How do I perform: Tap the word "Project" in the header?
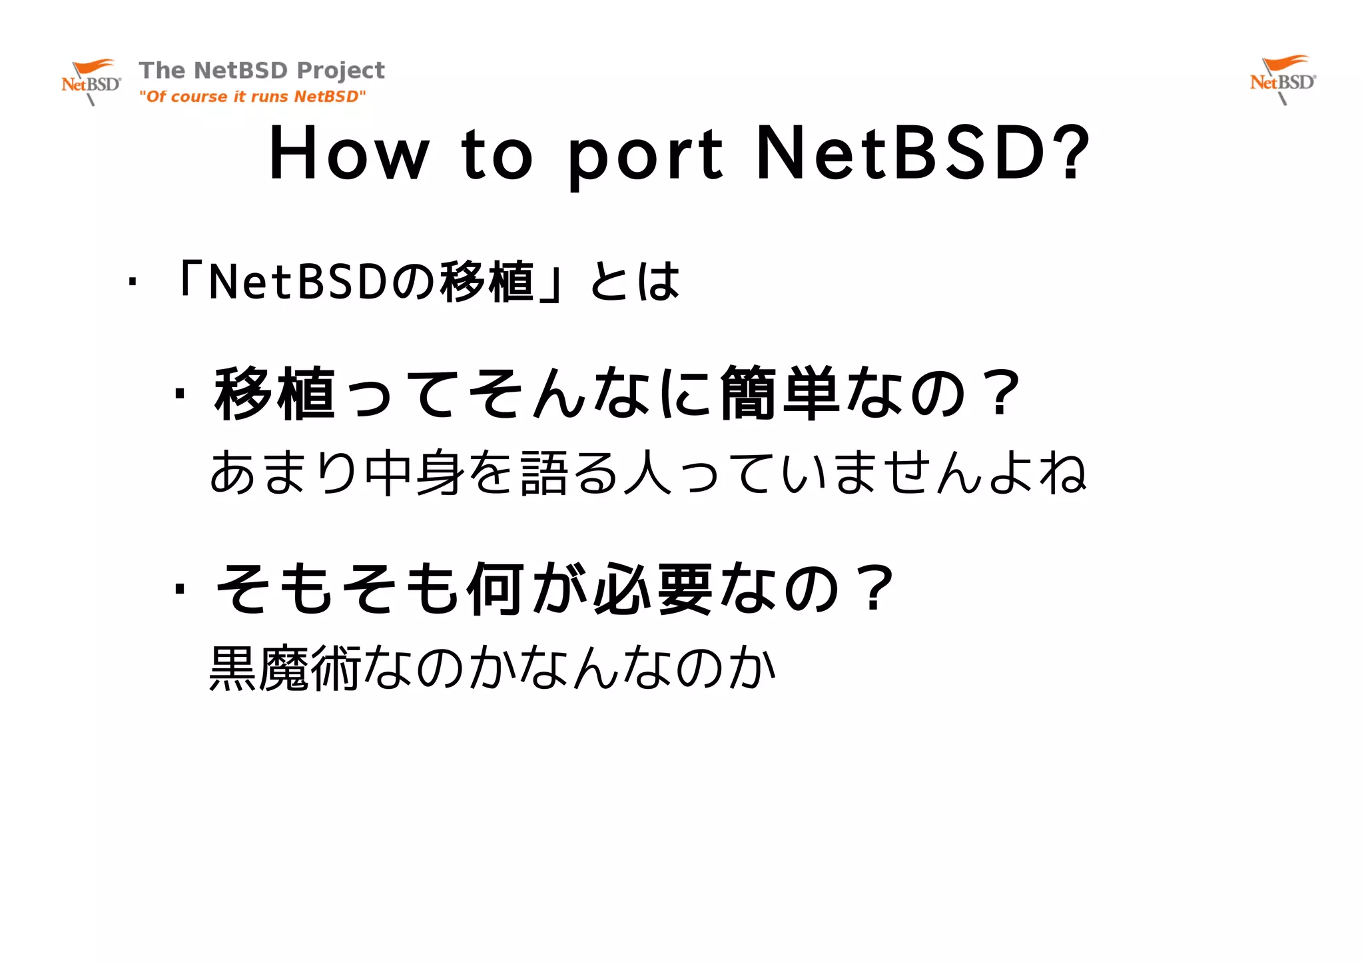click(x=340, y=71)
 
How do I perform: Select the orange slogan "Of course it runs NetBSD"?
click(x=252, y=97)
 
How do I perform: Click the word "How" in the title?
click(x=348, y=155)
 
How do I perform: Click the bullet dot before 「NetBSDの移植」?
click(x=133, y=282)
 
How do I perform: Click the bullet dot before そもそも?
click(x=178, y=588)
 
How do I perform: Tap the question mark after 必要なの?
click(x=876, y=588)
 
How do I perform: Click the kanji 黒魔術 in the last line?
click(x=285, y=668)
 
